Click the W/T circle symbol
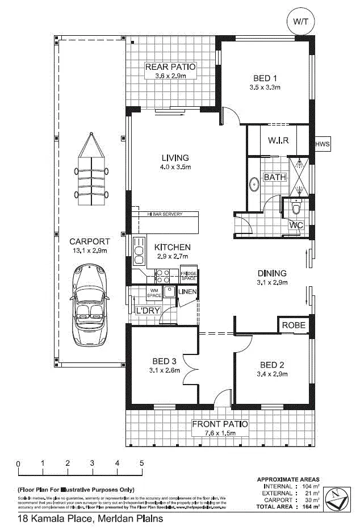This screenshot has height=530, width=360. click(x=299, y=21)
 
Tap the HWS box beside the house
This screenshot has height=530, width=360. click(x=322, y=144)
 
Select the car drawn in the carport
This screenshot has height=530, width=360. click(x=90, y=305)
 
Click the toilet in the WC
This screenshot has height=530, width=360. click(x=295, y=208)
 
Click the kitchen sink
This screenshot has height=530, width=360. click(x=139, y=249)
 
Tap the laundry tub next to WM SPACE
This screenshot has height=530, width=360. click(x=169, y=293)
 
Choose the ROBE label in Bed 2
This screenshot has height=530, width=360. click(x=294, y=326)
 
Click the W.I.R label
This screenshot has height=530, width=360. click(x=279, y=140)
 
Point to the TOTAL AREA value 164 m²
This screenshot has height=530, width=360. click(x=312, y=506)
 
